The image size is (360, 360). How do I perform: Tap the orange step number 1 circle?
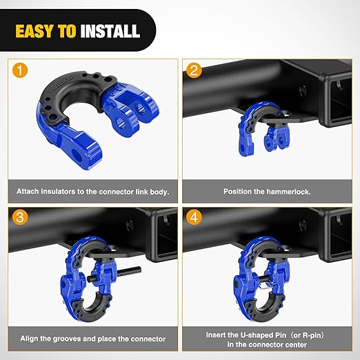(20, 70)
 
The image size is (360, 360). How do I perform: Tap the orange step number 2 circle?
(195, 70)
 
